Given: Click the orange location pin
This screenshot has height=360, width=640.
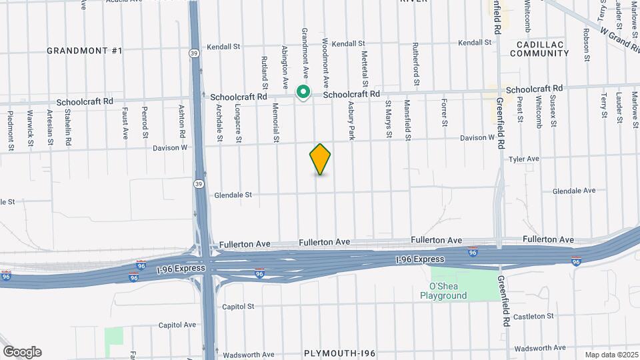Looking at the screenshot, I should tap(320, 159).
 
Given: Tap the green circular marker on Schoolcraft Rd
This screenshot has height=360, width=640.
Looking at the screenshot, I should tap(303, 92).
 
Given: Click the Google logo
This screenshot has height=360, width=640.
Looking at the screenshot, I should tap(22, 352).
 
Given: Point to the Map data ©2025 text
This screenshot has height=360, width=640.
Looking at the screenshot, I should tap(611, 354).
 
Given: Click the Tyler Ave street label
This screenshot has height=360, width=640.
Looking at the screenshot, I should tap(523, 159).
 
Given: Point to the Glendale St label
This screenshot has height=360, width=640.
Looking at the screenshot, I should tap(233, 195).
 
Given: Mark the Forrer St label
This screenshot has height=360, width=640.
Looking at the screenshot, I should tap(443, 113).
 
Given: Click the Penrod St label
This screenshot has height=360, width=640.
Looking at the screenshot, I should tap(145, 124).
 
